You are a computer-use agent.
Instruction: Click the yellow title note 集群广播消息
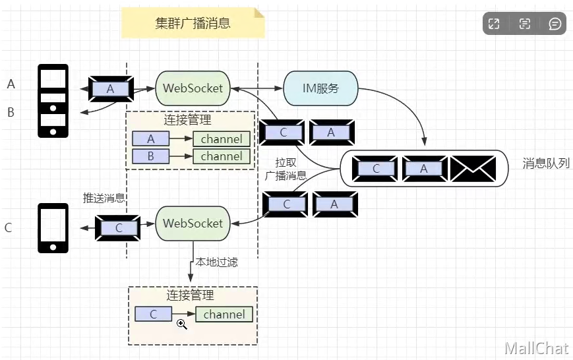(193, 24)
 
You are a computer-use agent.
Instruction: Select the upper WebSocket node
(193, 88)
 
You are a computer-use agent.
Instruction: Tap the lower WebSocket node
(193, 223)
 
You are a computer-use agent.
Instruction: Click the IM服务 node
(320, 88)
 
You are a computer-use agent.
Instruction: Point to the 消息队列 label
(545, 164)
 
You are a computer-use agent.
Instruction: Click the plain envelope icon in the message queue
(472, 169)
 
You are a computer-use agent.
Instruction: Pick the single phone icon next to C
(53, 227)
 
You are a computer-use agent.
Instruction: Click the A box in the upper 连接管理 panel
(151, 139)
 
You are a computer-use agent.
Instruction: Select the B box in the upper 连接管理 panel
(151, 156)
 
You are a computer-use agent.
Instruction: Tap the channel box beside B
(222, 156)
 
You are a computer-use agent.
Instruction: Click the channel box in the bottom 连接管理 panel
(224, 315)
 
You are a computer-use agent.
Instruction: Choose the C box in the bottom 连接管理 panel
(153, 315)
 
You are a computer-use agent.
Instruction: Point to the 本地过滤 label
(216, 262)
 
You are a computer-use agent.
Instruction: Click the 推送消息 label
(104, 197)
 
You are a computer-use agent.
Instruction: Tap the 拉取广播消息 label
(285, 169)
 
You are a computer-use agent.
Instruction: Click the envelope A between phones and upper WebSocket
(110, 88)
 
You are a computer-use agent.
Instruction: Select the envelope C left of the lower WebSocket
(119, 227)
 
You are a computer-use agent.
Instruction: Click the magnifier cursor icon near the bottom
(182, 324)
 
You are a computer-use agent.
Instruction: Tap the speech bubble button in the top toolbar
(555, 24)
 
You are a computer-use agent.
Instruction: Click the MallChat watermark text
(536, 348)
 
